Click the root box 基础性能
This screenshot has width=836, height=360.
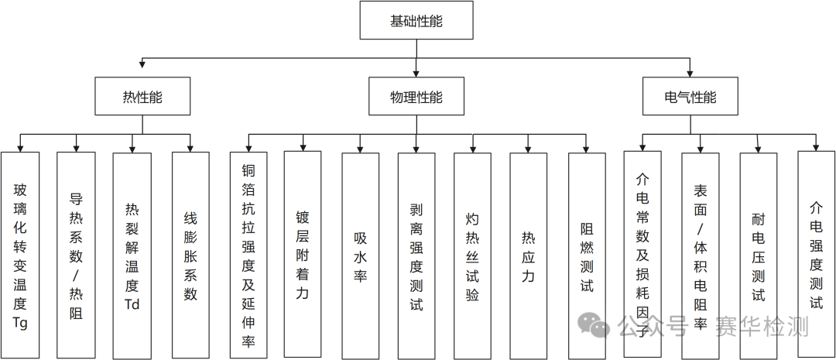(416, 21)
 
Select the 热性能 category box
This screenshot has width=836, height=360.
(142, 97)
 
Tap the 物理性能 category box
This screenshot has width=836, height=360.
(416, 97)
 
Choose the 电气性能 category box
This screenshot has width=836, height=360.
(690, 97)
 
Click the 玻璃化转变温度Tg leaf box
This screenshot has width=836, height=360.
(20, 255)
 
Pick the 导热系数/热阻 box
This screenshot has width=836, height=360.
(76, 255)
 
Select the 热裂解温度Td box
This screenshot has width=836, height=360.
(132, 255)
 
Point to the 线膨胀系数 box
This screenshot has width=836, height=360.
(190, 255)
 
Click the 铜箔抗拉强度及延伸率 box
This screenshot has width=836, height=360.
(248, 255)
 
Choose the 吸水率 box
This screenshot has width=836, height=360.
(361, 255)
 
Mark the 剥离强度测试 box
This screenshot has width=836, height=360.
(416, 255)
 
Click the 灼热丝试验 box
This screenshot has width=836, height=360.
(472, 255)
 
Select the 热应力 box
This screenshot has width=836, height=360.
(528, 255)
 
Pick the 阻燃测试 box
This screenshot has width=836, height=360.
(587, 255)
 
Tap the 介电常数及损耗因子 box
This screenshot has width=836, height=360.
(642, 255)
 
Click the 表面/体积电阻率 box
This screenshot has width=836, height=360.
(701, 255)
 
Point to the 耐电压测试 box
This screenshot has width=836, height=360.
(759, 255)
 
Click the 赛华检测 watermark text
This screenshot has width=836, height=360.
(762, 326)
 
